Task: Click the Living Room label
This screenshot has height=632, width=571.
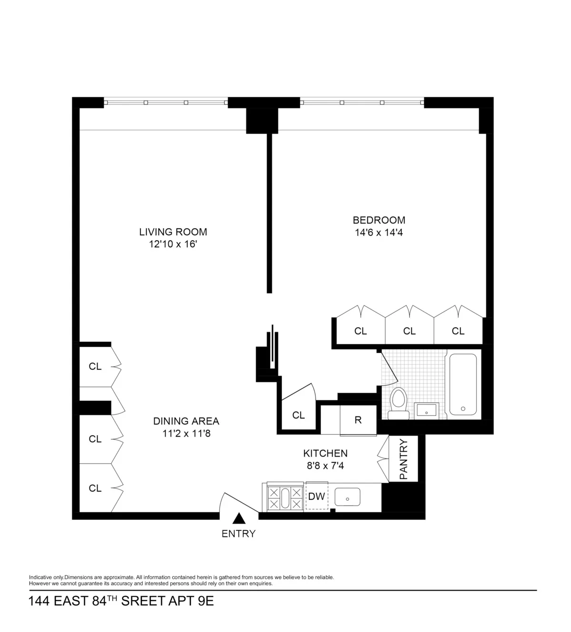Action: pyautogui.click(x=173, y=232)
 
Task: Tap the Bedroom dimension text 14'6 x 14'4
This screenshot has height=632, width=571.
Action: pyautogui.click(x=379, y=233)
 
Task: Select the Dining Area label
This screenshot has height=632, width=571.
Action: pyautogui.click(x=186, y=421)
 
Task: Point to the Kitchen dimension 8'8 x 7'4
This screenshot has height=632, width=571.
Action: pyautogui.click(x=325, y=466)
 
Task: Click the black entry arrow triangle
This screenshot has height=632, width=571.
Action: pyautogui.click(x=239, y=518)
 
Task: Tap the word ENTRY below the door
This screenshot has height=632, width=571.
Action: pyautogui.click(x=238, y=534)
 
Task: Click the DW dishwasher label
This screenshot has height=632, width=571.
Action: pyautogui.click(x=316, y=496)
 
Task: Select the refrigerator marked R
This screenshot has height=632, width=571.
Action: pyautogui.click(x=358, y=419)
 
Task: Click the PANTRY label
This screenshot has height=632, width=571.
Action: pyautogui.click(x=404, y=459)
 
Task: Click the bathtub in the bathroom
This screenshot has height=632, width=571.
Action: pyautogui.click(x=463, y=384)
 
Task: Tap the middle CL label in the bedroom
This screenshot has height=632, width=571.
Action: pyautogui.click(x=409, y=331)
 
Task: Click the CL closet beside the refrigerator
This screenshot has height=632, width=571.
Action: pyautogui.click(x=298, y=415)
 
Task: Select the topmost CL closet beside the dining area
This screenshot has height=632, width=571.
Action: pyautogui.click(x=95, y=366)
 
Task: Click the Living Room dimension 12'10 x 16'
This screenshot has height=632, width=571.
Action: pyautogui.click(x=173, y=244)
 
